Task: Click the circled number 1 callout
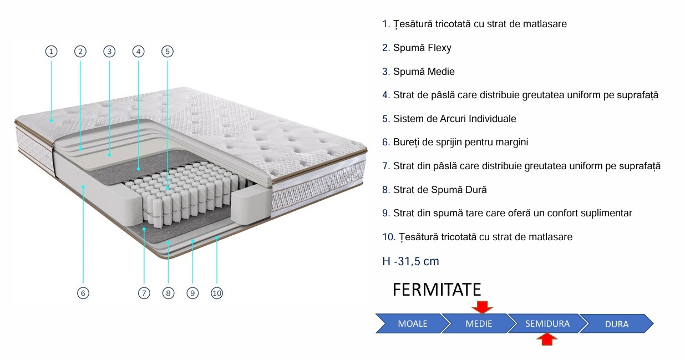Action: click(x=51, y=52)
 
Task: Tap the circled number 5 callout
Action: click(x=168, y=52)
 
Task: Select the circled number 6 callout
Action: click(x=83, y=293)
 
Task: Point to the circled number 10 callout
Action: click(x=217, y=293)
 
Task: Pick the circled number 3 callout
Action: click(x=109, y=52)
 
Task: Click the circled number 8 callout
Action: click(x=168, y=293)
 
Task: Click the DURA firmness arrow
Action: click(x=617, y=323)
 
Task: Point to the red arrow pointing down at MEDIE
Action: click(x=482, y=307)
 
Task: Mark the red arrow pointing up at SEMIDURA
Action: click(x=547, y=339)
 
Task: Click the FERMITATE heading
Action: click(x=437, y=290)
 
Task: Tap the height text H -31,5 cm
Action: click(x=410, y=261)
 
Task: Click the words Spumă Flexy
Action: click(x=422, y=48)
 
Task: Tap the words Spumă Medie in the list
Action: click(x=424, y=72)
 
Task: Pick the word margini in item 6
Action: click(x=511, y=142)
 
